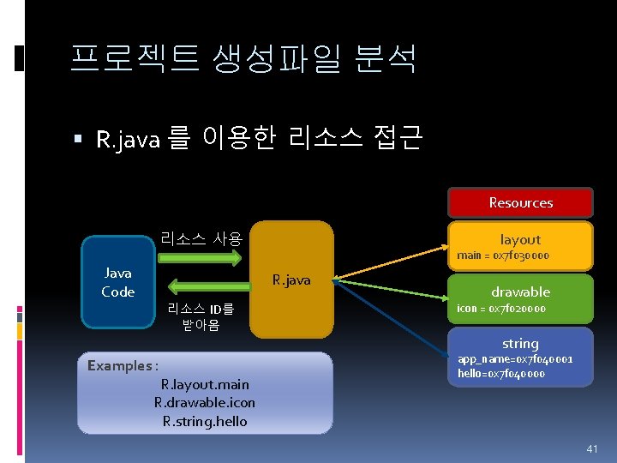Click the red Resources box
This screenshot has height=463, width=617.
click(x=520, y=203)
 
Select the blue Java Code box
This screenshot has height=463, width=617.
click(x=118, y=282)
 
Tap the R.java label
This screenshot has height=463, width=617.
click(x=291, y=280)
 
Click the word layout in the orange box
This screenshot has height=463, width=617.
click(x=520, y=240)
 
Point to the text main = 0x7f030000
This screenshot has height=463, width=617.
click(x=502, y=256)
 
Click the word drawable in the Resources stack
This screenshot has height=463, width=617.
click(x=520, y=292)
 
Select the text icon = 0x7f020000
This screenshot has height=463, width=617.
click(x=500, y=308)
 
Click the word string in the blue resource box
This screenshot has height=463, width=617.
click(x=520, y=344)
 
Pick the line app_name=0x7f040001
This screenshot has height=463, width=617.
click(x=515, y=359)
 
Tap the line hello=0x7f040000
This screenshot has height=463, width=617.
click(x=500, y=373)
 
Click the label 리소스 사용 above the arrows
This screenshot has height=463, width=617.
click(x=201, y=239)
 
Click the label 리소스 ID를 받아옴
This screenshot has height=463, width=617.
click(x=201, y=316)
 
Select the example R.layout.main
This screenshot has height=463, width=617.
click(x=204, y=384)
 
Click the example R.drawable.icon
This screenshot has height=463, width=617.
click(x=204, y=402)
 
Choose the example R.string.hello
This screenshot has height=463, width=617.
click(x=204, y=420)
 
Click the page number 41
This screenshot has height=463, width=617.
click(x=590, y=448)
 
